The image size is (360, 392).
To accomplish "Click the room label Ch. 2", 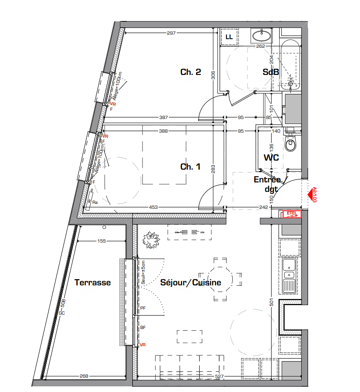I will [x=190, y=72].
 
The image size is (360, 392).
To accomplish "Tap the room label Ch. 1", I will [x=190, y=167].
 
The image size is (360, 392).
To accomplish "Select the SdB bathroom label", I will [x=271, y=72].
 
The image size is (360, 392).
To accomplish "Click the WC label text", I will [x=271, y=157].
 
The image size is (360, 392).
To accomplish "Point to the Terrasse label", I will [x=92, y=282].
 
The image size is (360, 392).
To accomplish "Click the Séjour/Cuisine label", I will [x=190, y=282].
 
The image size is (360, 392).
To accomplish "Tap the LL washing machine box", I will [x=229, y=37].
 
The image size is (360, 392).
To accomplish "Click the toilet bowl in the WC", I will [x=290, y=144].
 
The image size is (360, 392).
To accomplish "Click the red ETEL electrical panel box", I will [x=292, y=214].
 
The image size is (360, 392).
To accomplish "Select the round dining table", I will [x=220, y=280].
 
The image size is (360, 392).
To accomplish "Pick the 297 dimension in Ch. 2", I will [x=171, y=33].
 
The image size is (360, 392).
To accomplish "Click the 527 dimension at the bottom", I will [x=219, y=376].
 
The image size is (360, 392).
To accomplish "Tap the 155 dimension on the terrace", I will [x=101, y=241].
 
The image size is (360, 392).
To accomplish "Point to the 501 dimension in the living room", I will [x=271, y=302].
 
